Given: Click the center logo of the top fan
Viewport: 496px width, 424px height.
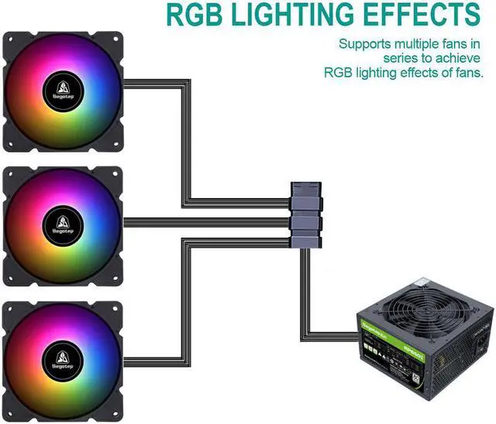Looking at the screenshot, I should point(63,89).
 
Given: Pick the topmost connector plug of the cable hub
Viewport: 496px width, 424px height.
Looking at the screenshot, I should point(305,190).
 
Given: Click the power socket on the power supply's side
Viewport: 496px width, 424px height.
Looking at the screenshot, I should point(486,341).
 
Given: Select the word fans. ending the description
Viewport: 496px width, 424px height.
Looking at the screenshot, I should point(466,72).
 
